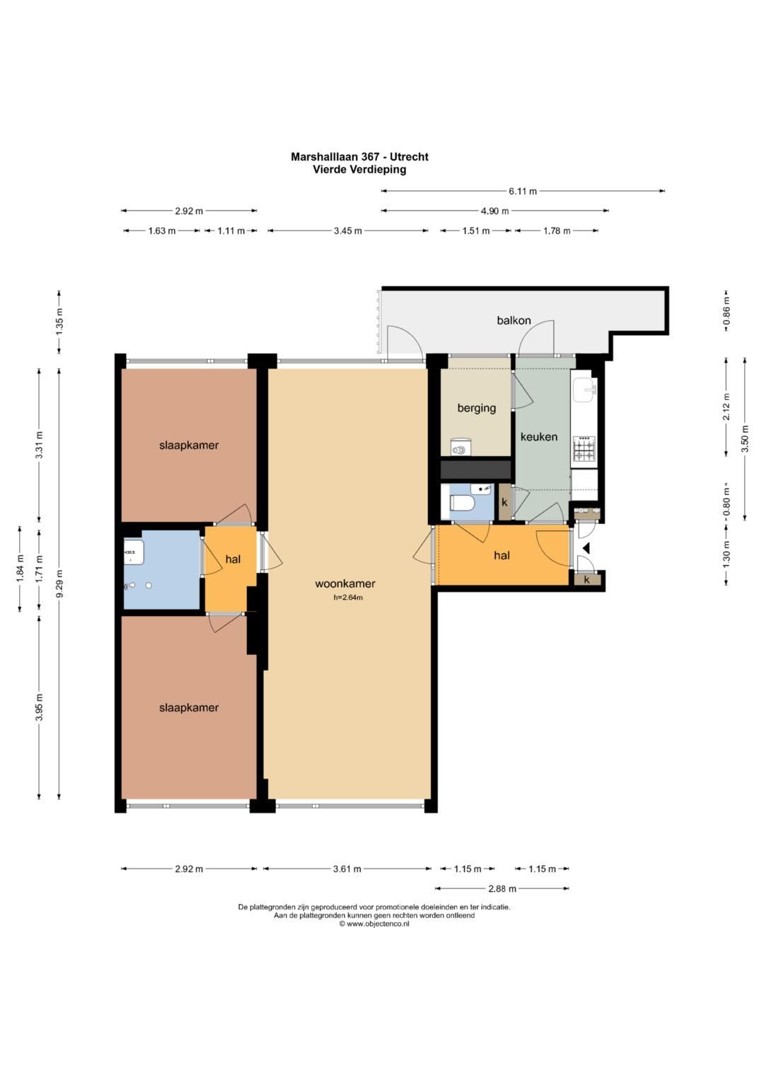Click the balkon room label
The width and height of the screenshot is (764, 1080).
point(514,320)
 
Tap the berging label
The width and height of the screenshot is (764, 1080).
point(477,408)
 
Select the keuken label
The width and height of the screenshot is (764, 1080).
point(539,437)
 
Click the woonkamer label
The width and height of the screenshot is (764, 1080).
point(345,584)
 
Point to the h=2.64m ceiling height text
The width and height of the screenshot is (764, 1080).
point(348,598)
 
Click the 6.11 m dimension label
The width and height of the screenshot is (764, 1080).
point(523,192)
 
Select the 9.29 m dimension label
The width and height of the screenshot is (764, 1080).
point(59,583)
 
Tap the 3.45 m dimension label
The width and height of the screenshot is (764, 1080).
point(348,231)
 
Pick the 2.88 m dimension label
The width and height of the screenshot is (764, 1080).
point(502,888)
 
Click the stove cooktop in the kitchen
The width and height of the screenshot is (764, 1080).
point(584,448)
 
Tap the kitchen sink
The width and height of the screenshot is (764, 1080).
point(584,388)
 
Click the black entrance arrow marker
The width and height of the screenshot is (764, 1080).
point(586,548)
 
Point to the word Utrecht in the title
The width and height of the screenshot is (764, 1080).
point(409,157)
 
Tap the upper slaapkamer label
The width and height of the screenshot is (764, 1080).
point(189,446)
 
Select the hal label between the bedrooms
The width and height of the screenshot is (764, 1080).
point(233,559)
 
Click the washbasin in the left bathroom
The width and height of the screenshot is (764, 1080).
point(134,552)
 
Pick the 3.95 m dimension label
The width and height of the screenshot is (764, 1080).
point(40,708)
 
